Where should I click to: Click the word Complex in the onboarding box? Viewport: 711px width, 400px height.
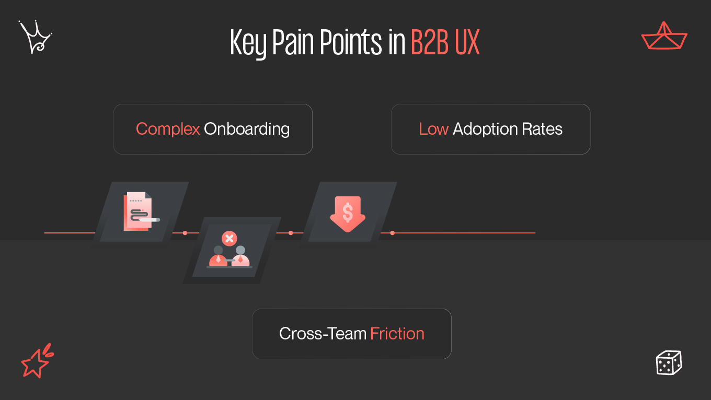pyautogui.click(x=168, y=129)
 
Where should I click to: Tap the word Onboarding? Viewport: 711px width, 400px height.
pyautogui.click(x=247, y=129)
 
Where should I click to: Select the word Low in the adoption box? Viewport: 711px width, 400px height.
pyautogui.click(x=433, y=129)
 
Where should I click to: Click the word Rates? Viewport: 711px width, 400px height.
pyautogui.click(x=542, y=129)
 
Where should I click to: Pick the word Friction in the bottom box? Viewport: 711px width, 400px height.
pyautogui.click(x=397, y=334)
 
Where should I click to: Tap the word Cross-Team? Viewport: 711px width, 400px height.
pyautogui.click(x=323, y=334)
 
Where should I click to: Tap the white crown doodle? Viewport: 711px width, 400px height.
pyautogui.click(x=35, y=37)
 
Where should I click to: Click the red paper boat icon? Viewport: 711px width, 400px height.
pyautogui.click(x=664, y=37)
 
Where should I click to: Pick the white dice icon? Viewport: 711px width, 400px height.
pyautogui.click(x=669, y=362)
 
